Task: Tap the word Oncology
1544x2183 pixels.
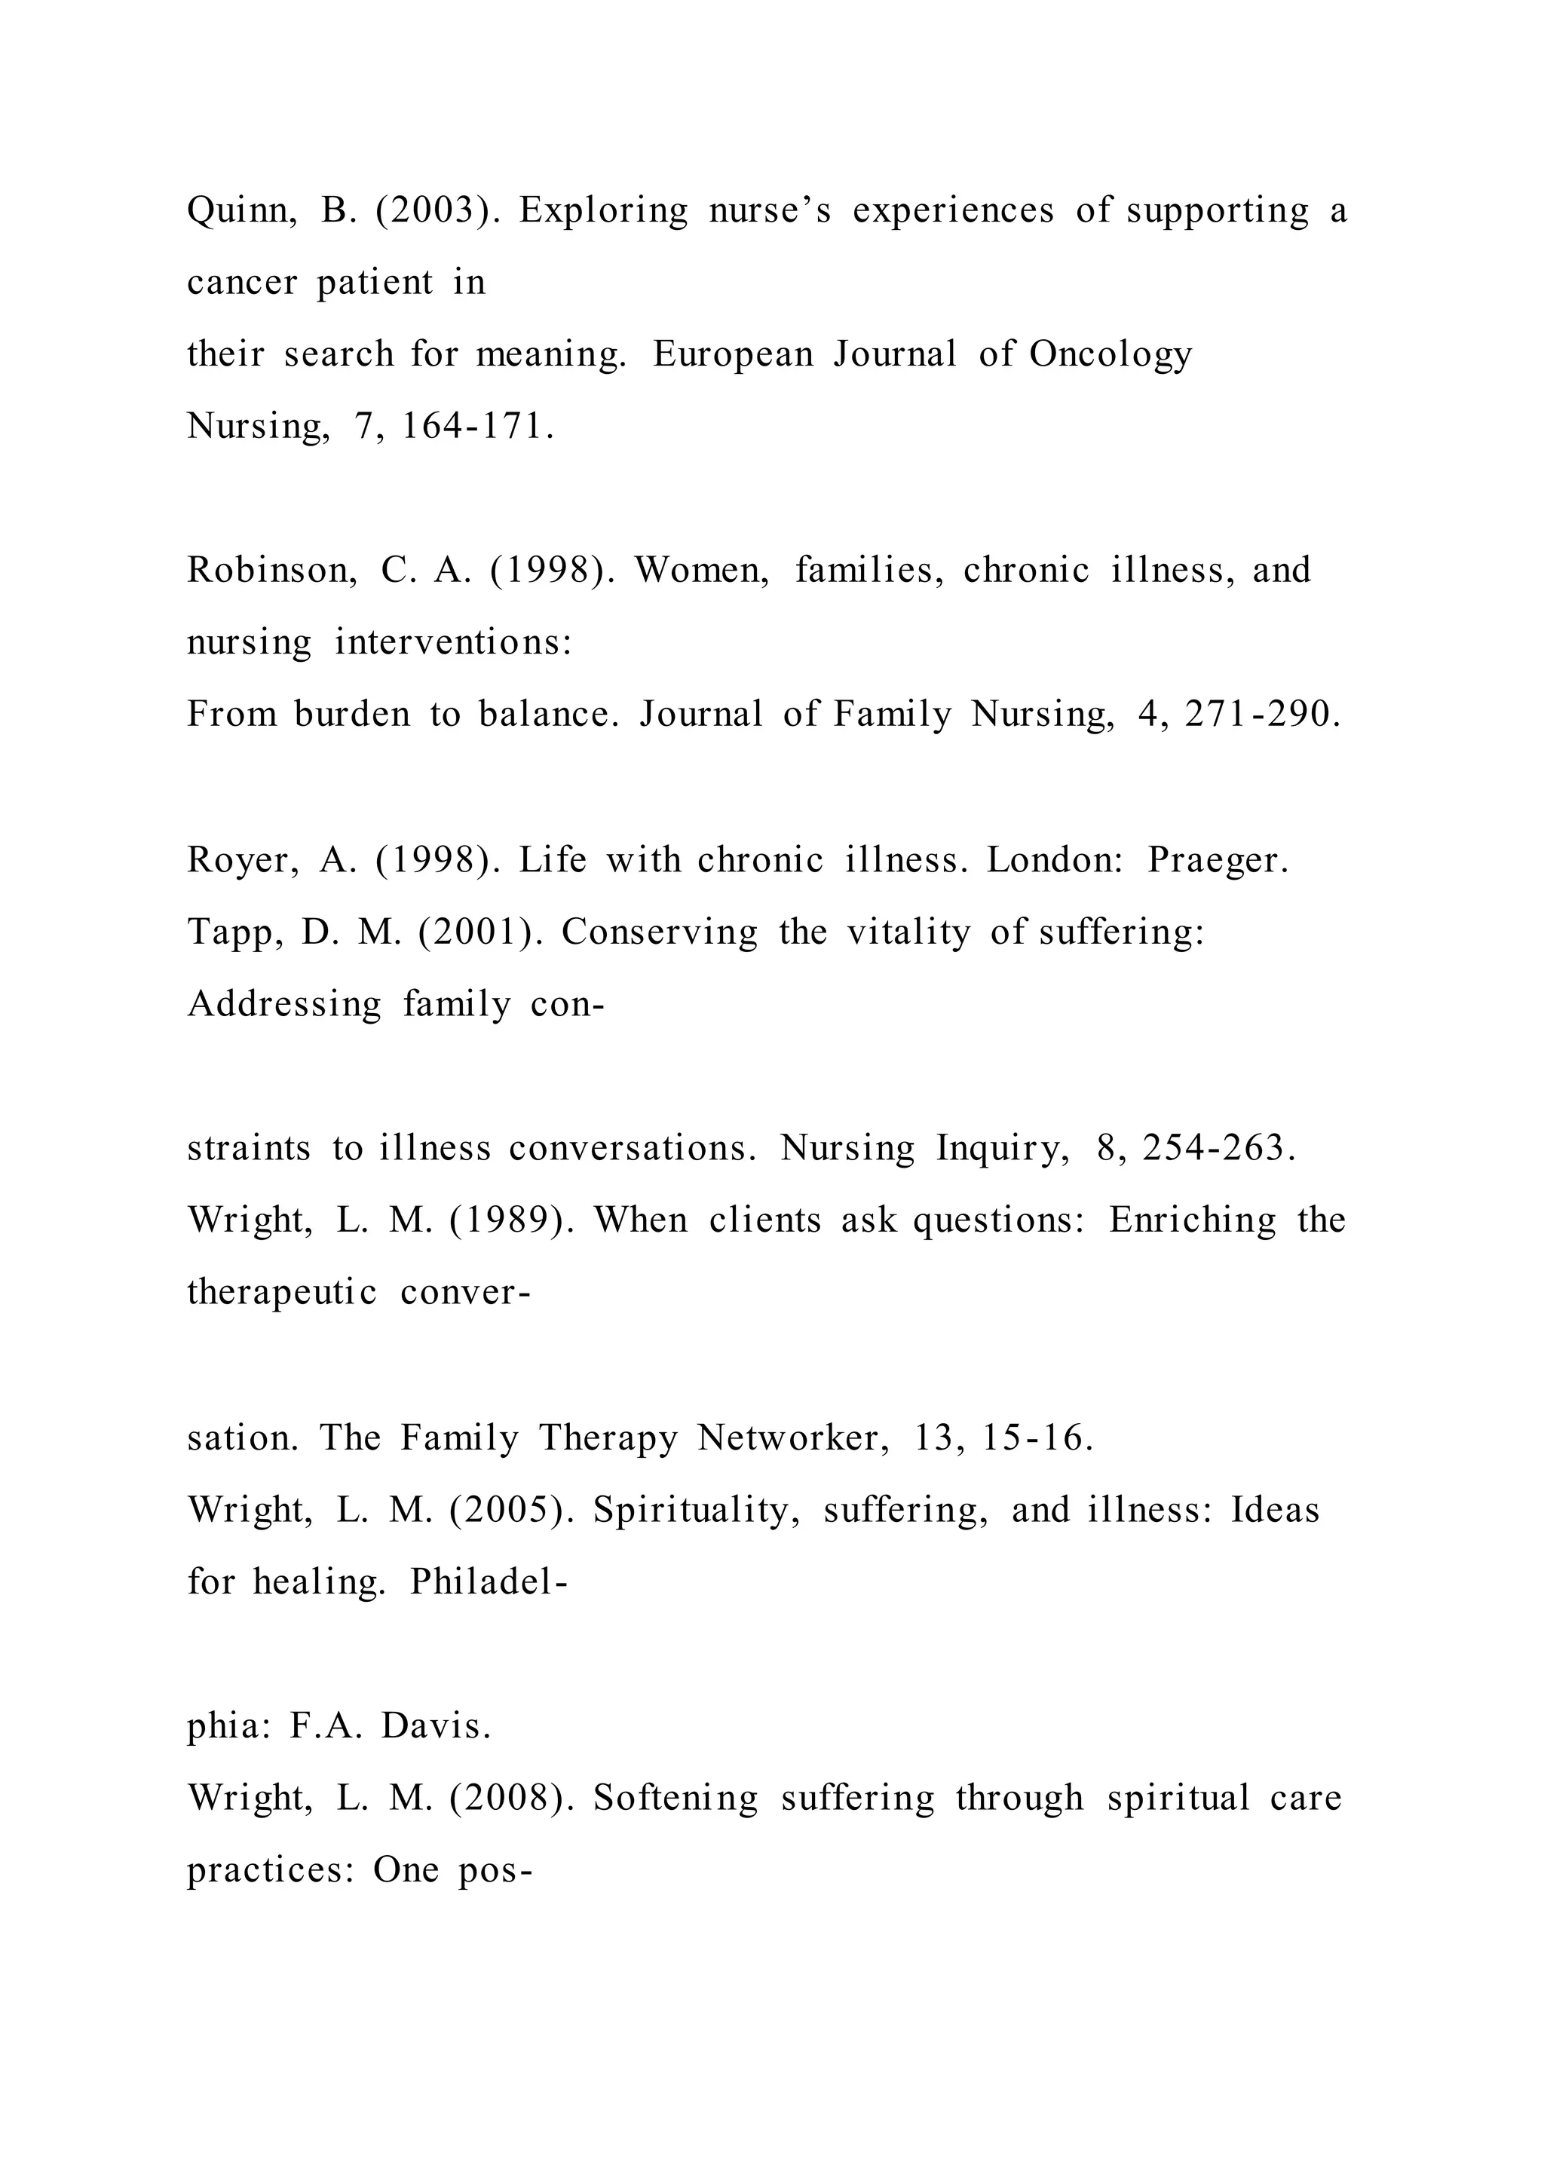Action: pos(1110,354)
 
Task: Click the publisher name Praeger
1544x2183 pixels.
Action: pos(1217,859)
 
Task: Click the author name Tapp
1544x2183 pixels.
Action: pos(234,932)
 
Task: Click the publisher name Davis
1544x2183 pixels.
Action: pos(436,1727)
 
